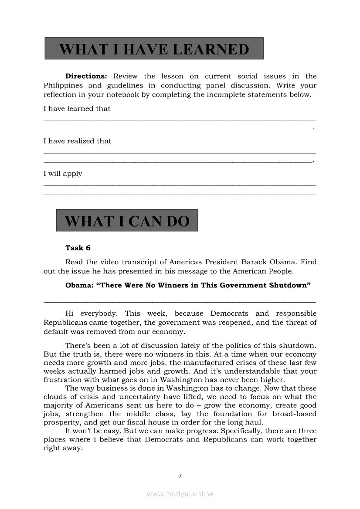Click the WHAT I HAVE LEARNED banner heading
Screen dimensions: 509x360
pyautogui.click(x=154, y=49)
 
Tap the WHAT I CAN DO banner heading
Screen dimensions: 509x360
pyautogui.click(x=127, y=221)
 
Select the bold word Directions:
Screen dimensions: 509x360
pyautogui.click(x=86, y=76)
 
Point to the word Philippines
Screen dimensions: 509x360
pyautogui.click(x=64, y=86)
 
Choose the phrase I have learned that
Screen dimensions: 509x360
pyautogui.click(x=77, y=109)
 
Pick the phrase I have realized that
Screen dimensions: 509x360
pyautogui.click(x=78, y=141)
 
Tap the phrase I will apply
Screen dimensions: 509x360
pyautogui.click(x=63, y=174)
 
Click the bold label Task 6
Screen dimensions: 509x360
pyautogui.click(x=78, y=248)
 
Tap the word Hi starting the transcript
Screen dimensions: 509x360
pyautogui.click(x=70, y=313)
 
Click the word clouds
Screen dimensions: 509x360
pyautogui.click(x=54, y=397)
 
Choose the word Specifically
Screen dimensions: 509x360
pyautogui.click(x=241, y=431)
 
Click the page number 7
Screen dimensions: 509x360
pyautogui.click(x=180, y=476)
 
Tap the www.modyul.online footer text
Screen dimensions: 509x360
pyautogui.click(x=180, y=494)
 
